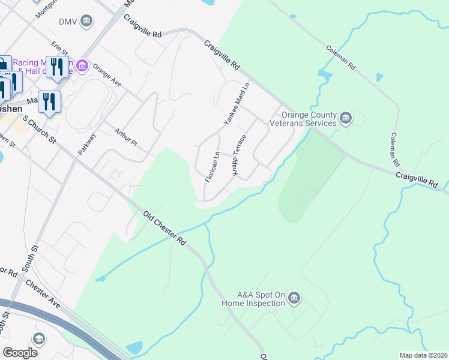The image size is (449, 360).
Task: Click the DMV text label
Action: (x=68, y=22)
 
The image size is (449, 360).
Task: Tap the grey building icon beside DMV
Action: (x=87, y=22)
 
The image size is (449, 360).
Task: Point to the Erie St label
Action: (x=59, y=47)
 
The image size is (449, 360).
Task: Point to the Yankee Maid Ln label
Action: (x=237, y=104)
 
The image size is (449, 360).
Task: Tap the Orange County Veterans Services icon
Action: (x=346, y=118)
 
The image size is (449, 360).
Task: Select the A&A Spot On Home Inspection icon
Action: (x=294, y=298)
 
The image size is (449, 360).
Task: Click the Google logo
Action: (x=20, y=353)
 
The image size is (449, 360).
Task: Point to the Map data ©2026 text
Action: (x=423, y=355)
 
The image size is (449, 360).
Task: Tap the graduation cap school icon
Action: (x=40, y=339)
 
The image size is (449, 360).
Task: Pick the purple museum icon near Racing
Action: (x=82, y=65)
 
